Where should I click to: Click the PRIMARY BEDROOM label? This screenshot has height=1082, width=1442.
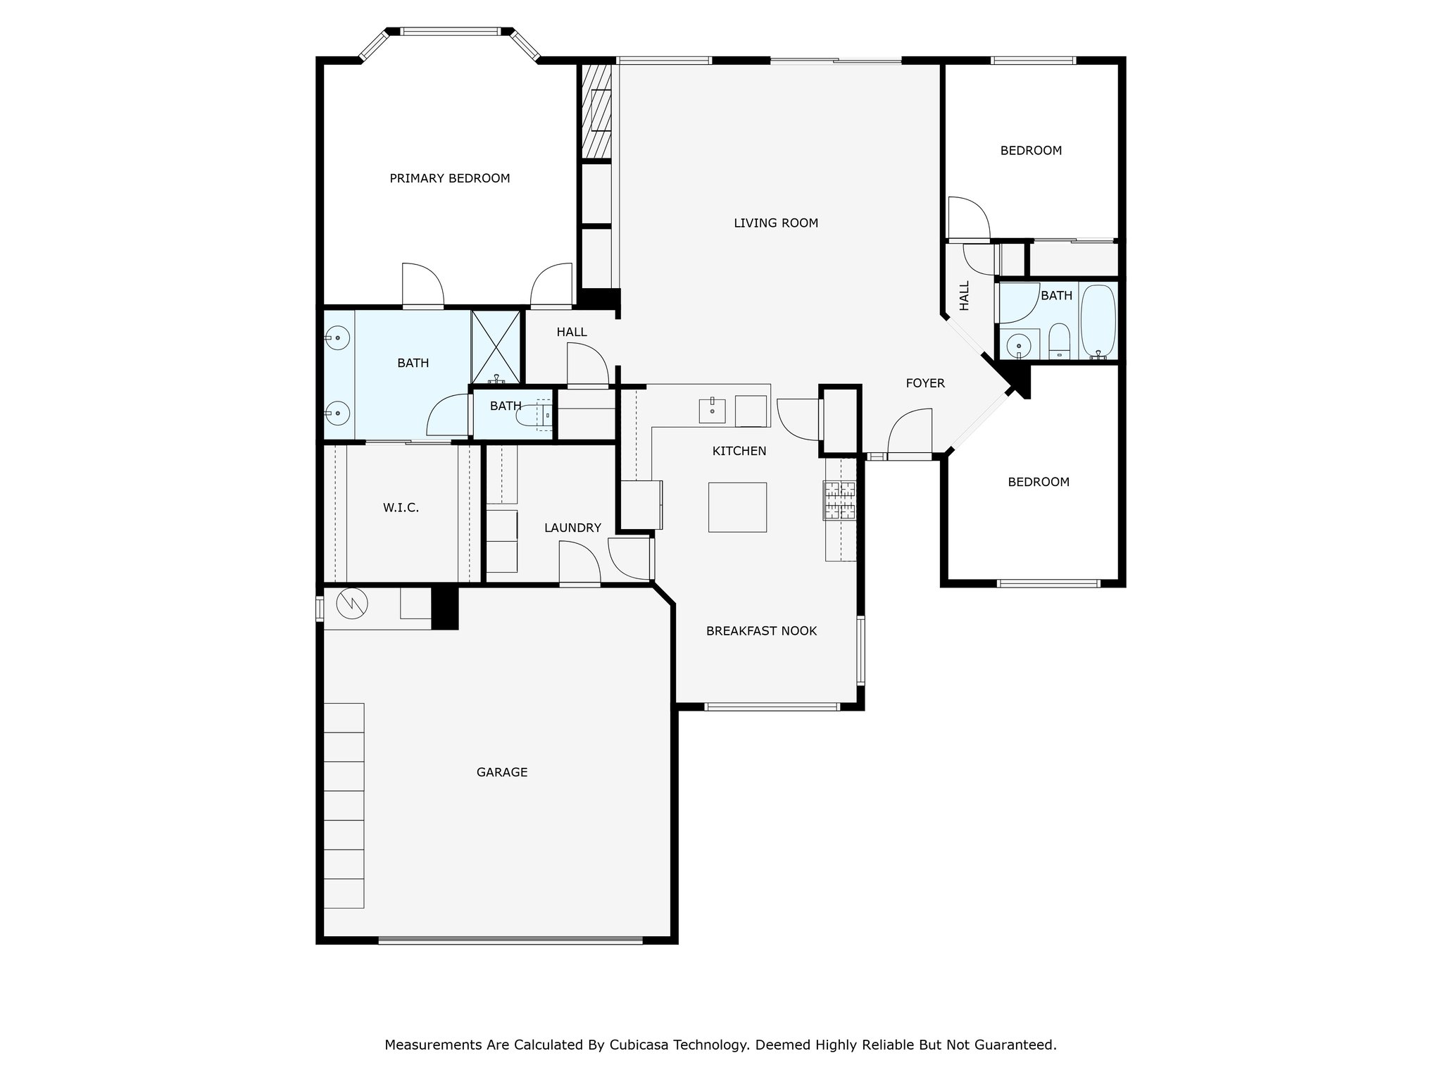point(449,178)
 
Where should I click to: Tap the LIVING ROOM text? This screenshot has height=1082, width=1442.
point(776,223)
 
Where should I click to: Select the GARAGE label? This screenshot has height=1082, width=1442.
point(502,772)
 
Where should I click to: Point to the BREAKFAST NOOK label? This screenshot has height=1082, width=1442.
point(761,631)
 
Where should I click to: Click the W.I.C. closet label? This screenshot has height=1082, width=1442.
point(401,508)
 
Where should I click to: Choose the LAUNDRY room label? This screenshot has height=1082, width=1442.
point(572,528)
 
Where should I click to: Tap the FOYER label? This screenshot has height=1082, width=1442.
point(925,383)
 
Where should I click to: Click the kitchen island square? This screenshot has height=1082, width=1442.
point(737,507)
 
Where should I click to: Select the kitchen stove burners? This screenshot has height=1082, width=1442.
point(839,500)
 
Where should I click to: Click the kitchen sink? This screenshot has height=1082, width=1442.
point(712,411)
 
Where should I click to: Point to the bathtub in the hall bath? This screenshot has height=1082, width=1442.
point(1098,321)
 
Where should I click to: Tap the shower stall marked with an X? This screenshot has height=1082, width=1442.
point(496,347)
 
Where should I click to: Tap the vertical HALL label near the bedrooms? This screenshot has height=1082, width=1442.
point(965,296)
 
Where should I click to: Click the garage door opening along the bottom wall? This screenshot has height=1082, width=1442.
point(510,939)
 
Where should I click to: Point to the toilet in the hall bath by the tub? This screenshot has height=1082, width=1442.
point(1059,341)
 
